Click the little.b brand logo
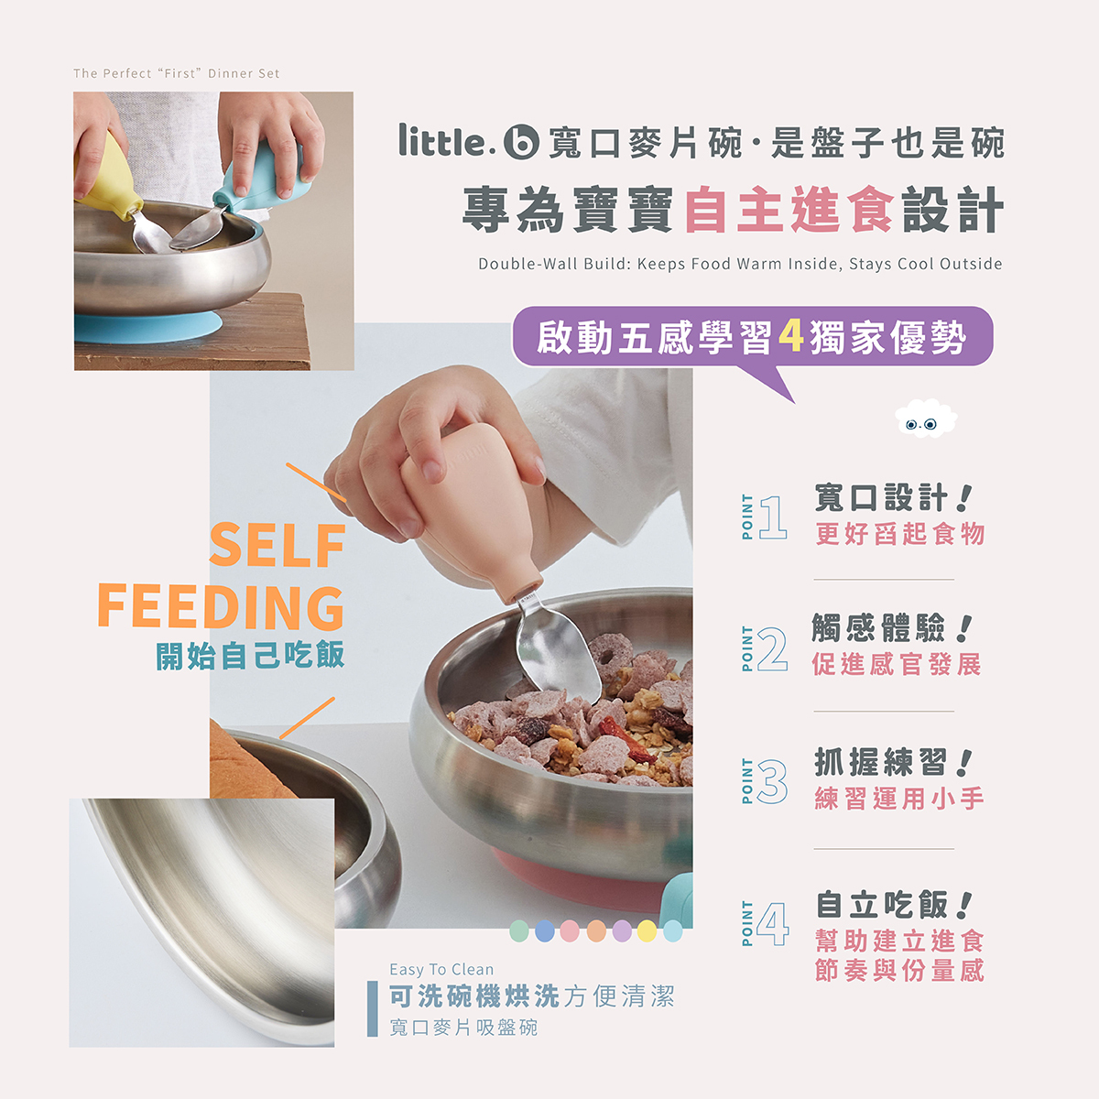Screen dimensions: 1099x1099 click(468, 141)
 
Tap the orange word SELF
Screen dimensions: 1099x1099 click(277, 546)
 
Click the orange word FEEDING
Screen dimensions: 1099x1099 click(221, 606)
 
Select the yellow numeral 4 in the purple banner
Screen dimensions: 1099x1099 click(790, 337)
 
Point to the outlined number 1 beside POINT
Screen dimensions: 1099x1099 click(773, 517)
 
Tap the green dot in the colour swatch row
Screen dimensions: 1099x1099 click(519, 931)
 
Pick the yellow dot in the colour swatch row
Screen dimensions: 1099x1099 click(647, 931)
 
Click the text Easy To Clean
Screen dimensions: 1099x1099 click(441, 969)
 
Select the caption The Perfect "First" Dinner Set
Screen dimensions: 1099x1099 click(177, 73)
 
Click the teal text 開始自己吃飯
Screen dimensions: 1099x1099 click(250, 656)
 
